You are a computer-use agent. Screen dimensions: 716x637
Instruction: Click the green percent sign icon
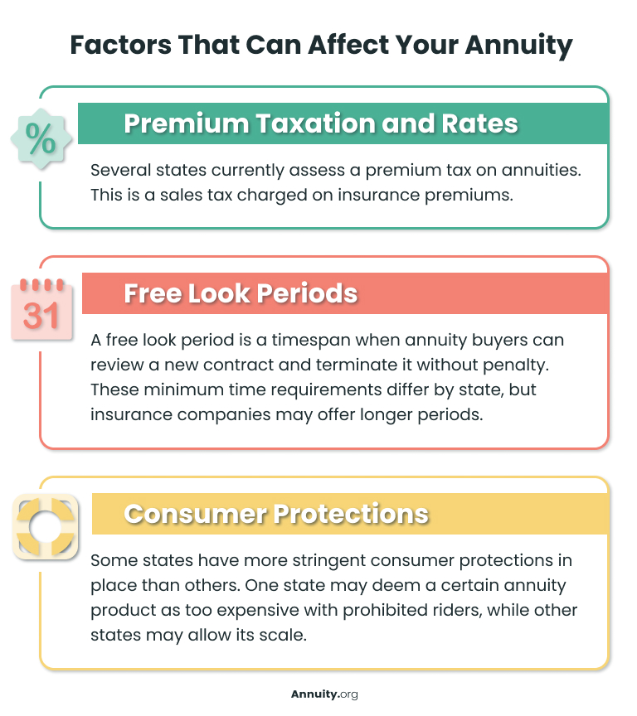[40, 138]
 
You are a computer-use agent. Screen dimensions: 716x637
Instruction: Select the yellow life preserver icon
[46, 526]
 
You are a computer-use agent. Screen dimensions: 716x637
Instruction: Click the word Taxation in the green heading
[299, 123]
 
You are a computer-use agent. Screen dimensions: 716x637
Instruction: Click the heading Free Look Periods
[241, 293]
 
